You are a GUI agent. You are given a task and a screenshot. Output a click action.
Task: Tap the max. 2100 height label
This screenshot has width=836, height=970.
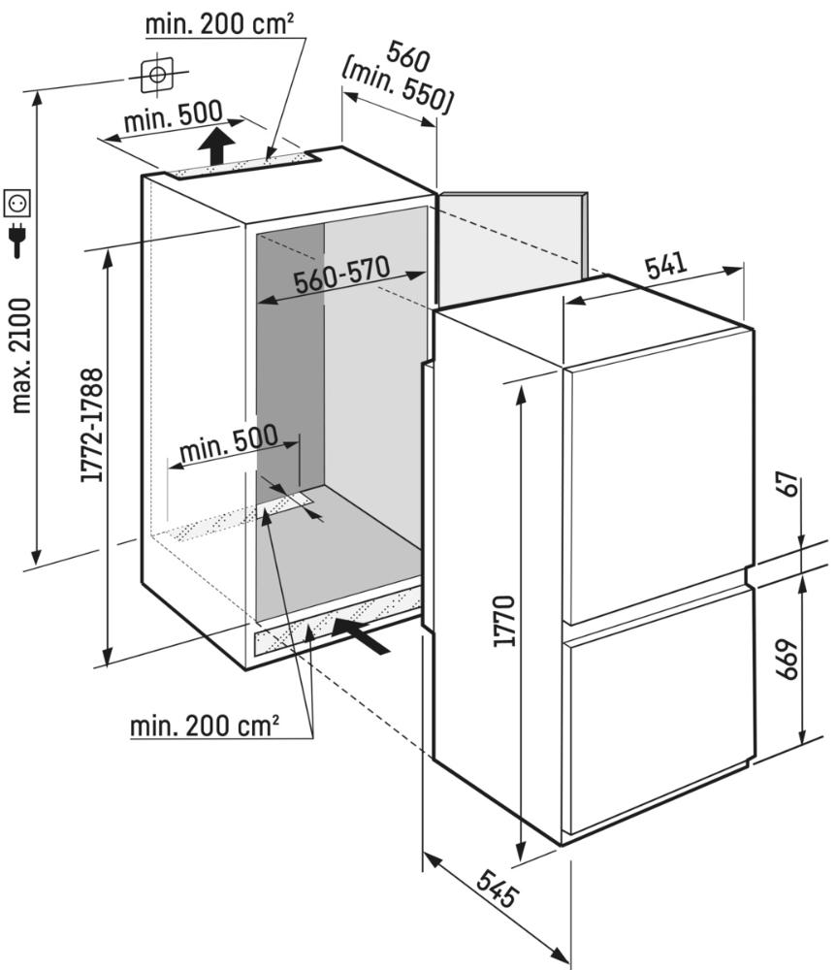pyautogui.click(x=21, y=356)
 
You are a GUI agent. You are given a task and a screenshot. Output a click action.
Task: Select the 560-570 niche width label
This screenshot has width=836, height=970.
pyautogui.click(x=342, y=275)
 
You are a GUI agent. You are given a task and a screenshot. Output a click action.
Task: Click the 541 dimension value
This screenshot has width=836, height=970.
pyautogui.click(x=666, y=265)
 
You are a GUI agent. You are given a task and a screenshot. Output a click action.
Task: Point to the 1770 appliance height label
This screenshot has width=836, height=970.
pyautogui.click(x=504, y=621)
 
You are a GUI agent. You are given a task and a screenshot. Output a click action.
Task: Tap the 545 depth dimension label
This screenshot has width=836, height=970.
pyautogui.click(x=498, y=889)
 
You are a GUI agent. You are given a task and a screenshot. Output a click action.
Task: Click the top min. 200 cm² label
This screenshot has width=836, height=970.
pyautogui.click(x=219, y=24)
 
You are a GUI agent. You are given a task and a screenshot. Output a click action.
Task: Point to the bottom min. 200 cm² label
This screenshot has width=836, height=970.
pyautogui.click(x=205, y=725)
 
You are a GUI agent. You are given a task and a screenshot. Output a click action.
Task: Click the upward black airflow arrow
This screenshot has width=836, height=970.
pyautogui.click(x=216, y=146)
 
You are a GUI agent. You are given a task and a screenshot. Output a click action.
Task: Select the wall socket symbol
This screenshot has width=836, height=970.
pyautogui.click(x=16, y=203)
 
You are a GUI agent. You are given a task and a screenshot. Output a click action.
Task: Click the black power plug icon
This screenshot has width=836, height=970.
pyautogui.click(x=17, y=240)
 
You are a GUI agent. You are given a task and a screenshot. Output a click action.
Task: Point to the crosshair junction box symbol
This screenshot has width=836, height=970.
pyautogui.click(x=158, y=76)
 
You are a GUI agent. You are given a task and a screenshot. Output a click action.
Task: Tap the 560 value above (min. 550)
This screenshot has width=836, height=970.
pyautogui.click(x=407, y=57)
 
